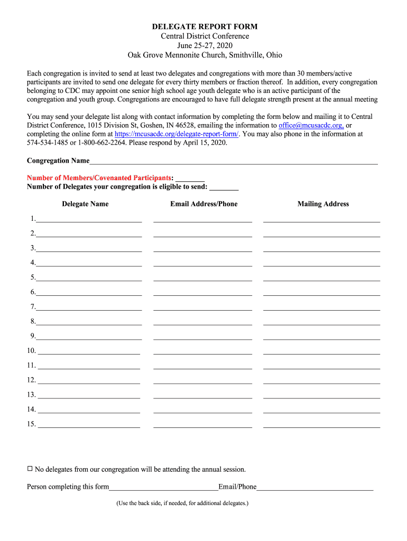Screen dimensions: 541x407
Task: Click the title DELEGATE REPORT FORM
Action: [205, 26]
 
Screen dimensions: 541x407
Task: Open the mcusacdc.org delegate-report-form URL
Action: [177, 134]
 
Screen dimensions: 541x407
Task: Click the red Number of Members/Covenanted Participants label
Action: [99, 178]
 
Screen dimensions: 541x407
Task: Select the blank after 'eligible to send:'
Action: [224, 187]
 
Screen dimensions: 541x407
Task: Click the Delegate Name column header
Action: [85, 204]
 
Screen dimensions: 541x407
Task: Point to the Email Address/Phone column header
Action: [203, 204]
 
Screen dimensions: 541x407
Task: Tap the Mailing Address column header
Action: [323, 204]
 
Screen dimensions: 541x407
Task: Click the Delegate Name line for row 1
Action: [88, 219]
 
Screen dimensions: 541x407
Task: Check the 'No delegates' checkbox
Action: [30, 469]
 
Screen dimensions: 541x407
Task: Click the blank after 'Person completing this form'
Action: [163, 488]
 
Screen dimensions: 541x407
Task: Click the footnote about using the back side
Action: [182, 503]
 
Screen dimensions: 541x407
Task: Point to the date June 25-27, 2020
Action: [205, 45]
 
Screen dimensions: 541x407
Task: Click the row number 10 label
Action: [31, 351]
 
